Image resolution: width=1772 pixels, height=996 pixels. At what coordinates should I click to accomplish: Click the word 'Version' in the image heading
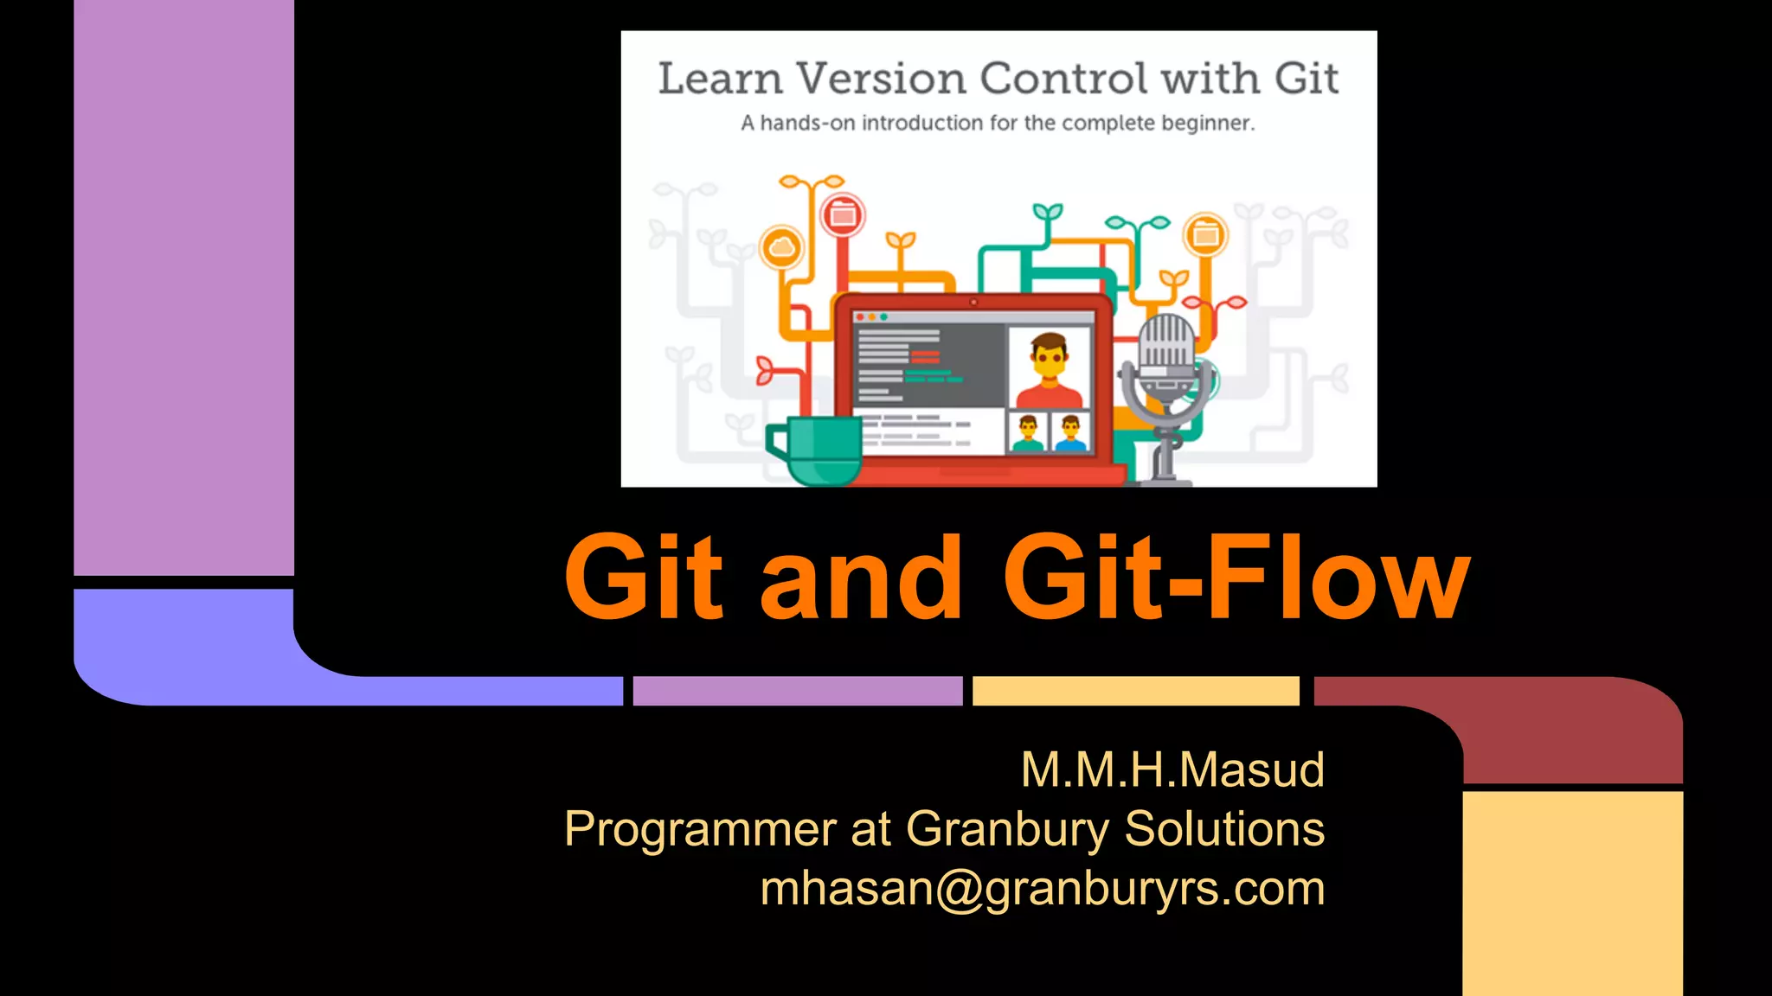[881, 79]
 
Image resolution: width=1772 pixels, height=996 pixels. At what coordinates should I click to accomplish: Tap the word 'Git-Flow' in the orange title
[1236, 578]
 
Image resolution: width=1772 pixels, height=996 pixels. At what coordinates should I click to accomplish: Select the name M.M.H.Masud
[1172, 769]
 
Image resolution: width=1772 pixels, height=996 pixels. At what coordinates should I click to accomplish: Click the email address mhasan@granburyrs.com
[1042, 889]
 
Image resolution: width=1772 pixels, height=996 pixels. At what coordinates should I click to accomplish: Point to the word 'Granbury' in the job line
[1007, 828]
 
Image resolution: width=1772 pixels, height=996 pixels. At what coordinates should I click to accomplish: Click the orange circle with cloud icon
[781, 248]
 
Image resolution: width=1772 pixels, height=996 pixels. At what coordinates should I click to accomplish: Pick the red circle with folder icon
[842, 214]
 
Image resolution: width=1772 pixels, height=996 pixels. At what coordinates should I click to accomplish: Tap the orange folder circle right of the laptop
[1205, 234]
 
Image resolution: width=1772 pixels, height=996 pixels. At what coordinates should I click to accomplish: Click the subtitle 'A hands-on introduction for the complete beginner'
[997, 124]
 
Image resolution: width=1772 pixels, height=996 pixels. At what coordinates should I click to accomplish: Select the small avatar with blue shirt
[1070, 432]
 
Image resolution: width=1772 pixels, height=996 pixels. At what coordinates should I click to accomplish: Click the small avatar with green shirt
[1028, 432]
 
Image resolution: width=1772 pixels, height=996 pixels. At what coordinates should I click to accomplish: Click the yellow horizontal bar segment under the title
[1135, 691]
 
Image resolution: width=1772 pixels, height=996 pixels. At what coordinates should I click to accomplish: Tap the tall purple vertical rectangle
[183, 285]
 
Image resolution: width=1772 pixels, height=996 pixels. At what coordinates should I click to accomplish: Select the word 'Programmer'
[700, 828]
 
